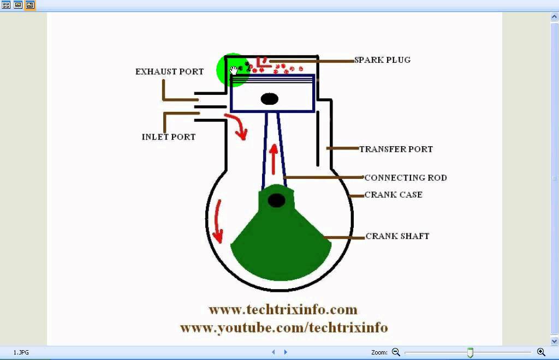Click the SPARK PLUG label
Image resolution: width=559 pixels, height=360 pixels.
382,60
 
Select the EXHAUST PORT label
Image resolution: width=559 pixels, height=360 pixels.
169,71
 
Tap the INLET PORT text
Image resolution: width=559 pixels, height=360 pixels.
169,137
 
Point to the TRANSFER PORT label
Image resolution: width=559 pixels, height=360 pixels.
396,149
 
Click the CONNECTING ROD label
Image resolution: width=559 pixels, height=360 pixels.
406,178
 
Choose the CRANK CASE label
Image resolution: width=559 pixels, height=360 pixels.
394,195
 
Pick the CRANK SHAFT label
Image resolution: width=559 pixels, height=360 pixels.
397,236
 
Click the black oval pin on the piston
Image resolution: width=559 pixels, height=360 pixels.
270,99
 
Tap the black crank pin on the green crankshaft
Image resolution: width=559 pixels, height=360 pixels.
277,201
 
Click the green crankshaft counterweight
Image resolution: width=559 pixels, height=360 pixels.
281,245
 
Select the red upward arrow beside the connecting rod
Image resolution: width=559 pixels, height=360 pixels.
273,158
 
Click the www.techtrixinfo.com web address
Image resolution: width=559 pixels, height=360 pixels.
283,310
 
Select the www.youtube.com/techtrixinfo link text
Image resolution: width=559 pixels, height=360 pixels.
284,328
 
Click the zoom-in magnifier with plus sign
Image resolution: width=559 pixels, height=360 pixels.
541,352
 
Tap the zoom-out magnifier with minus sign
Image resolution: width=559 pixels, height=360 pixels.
396,352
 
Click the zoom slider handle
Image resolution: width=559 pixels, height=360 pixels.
470,353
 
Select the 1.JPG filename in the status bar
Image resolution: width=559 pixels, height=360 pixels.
21,353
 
